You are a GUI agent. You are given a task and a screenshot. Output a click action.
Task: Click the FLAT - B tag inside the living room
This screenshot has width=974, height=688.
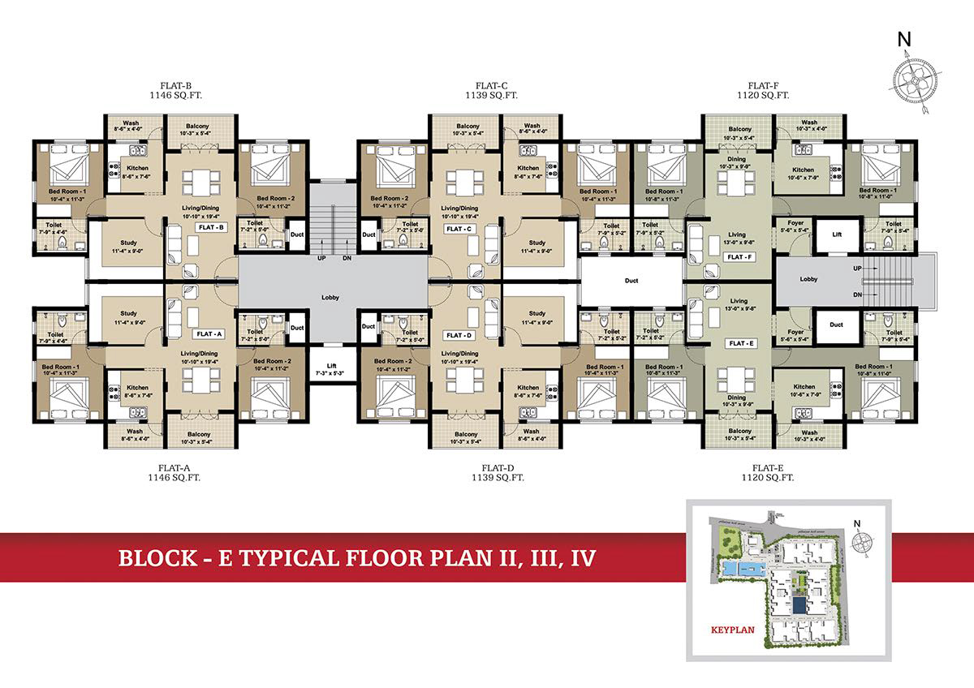point(211,229)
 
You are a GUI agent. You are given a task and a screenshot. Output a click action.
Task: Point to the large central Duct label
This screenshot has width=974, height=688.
point(631,281)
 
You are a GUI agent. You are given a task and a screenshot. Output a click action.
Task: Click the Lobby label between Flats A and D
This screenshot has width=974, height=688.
point(330,297)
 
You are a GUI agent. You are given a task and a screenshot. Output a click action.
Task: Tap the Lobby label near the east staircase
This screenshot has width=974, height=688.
point(808,279)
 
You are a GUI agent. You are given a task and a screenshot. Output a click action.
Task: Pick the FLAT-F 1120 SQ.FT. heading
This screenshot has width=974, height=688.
point(769,90)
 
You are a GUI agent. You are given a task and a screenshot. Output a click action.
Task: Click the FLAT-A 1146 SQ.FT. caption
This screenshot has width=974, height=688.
point(175,473)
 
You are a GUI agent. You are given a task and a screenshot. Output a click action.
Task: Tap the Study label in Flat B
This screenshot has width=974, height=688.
point(128,246)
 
